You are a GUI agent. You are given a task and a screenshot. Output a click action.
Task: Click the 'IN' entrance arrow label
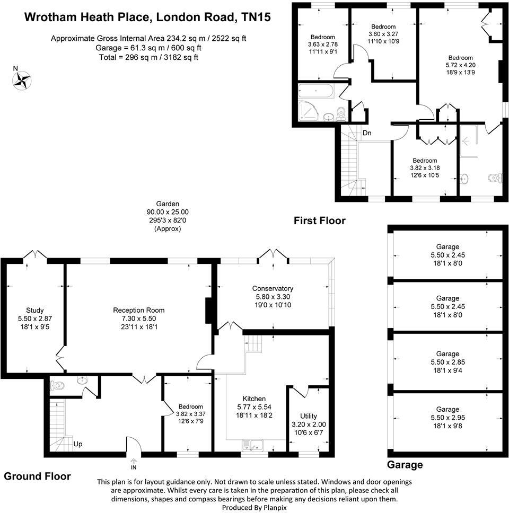point(134,467)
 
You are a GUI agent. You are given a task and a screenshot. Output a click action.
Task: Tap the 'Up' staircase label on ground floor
point(77,444)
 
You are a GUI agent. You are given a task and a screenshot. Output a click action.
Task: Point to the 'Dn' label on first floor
point(367,132)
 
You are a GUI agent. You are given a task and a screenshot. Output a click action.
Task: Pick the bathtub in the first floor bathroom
point(316,91)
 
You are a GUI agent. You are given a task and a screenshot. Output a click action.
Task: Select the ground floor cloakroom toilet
point(57,385)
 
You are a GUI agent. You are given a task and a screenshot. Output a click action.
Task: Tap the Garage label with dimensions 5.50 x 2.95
point(447,418)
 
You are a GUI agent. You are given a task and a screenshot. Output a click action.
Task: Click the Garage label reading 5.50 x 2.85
point(447,362)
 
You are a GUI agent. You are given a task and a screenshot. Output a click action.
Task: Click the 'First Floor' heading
point(320,220)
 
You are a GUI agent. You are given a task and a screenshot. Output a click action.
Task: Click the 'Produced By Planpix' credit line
point(254,508)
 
